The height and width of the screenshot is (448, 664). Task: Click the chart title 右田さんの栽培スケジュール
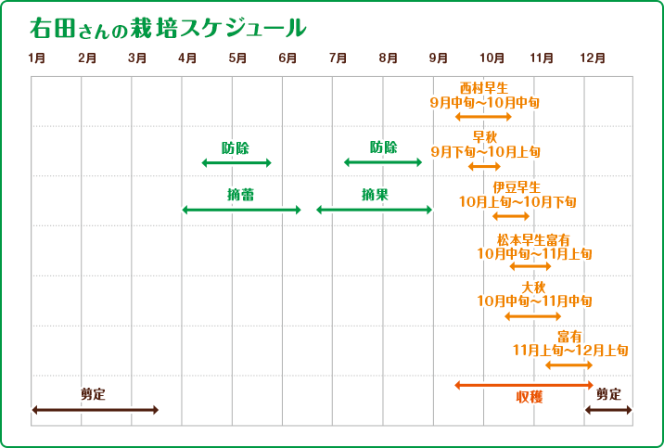(x=167, y=28)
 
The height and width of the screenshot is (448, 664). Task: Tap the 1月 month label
(x=37, y=58)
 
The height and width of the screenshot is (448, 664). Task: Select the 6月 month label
(x=287, y=58)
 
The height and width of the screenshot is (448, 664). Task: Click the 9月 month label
(x=439, y=58)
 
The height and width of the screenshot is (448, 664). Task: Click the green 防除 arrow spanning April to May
(x=236, y=163)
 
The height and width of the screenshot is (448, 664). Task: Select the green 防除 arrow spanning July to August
(x=383, y=162)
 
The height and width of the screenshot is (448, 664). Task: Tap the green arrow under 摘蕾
(x=241, y=211)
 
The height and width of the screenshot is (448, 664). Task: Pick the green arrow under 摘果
(x=375, y=210)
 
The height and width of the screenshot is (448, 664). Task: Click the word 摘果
(x=375, y=195)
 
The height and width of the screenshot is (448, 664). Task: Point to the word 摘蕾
(x=240, y=195)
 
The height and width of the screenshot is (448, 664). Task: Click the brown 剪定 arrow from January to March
(x=95, y=409)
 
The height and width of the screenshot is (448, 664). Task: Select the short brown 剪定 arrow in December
(x=608, y=409)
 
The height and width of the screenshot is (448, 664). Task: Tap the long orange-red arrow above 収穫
(x=524, y=385)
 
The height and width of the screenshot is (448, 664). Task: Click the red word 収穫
(x=530, y=397)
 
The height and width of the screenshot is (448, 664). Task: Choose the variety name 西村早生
(x=484, y=88)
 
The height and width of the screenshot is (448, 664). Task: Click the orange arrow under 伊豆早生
(x=510, y=216)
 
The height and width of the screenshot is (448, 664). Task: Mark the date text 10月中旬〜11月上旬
(x=534, y=252)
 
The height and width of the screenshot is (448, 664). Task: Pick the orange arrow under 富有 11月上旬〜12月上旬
(x=568, y=365)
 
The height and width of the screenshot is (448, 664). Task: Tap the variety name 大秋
(x=534, y=287)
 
